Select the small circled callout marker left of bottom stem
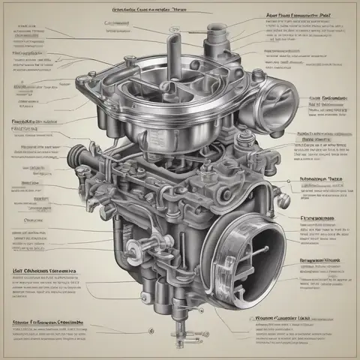pyautogui.click(x=150, y=329)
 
